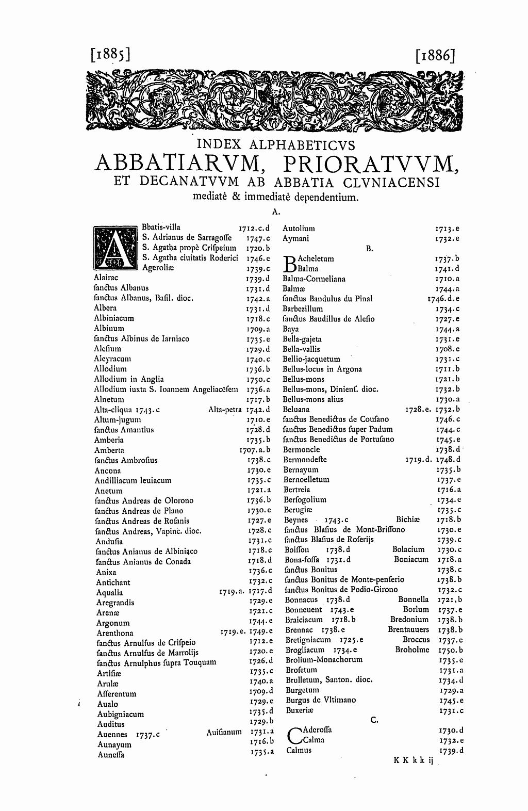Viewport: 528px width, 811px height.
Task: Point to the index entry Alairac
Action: [106, 278]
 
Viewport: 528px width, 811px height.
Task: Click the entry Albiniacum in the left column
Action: [114, 318]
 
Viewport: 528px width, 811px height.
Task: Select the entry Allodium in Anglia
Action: [129, 379]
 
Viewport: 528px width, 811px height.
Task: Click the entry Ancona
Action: [108, 471]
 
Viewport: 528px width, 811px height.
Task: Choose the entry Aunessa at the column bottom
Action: [111, 755]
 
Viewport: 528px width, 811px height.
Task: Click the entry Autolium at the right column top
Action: [299, 228]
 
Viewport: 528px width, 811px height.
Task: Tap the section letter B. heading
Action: [369, 249]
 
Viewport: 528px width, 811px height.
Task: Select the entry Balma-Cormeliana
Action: [314, 279]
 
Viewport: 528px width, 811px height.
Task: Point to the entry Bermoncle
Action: [302, 449]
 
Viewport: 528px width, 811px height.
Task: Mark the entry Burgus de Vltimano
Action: [319, 700]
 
